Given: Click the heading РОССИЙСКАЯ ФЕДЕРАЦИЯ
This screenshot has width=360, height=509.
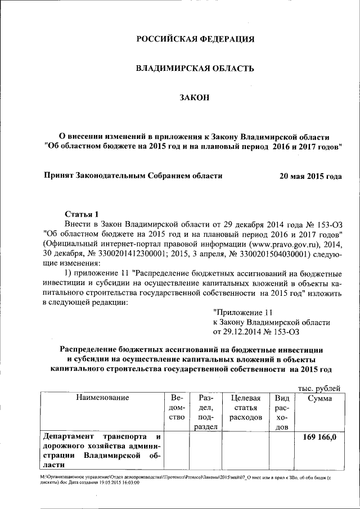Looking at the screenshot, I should [196, 39].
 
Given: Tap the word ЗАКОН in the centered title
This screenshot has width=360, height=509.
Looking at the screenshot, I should [195, 98].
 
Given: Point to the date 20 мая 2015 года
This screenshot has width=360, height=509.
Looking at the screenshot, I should [310, 176].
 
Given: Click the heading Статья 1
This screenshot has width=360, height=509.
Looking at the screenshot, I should [82, 214].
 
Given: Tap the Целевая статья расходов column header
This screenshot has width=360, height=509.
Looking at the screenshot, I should [245, 408].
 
